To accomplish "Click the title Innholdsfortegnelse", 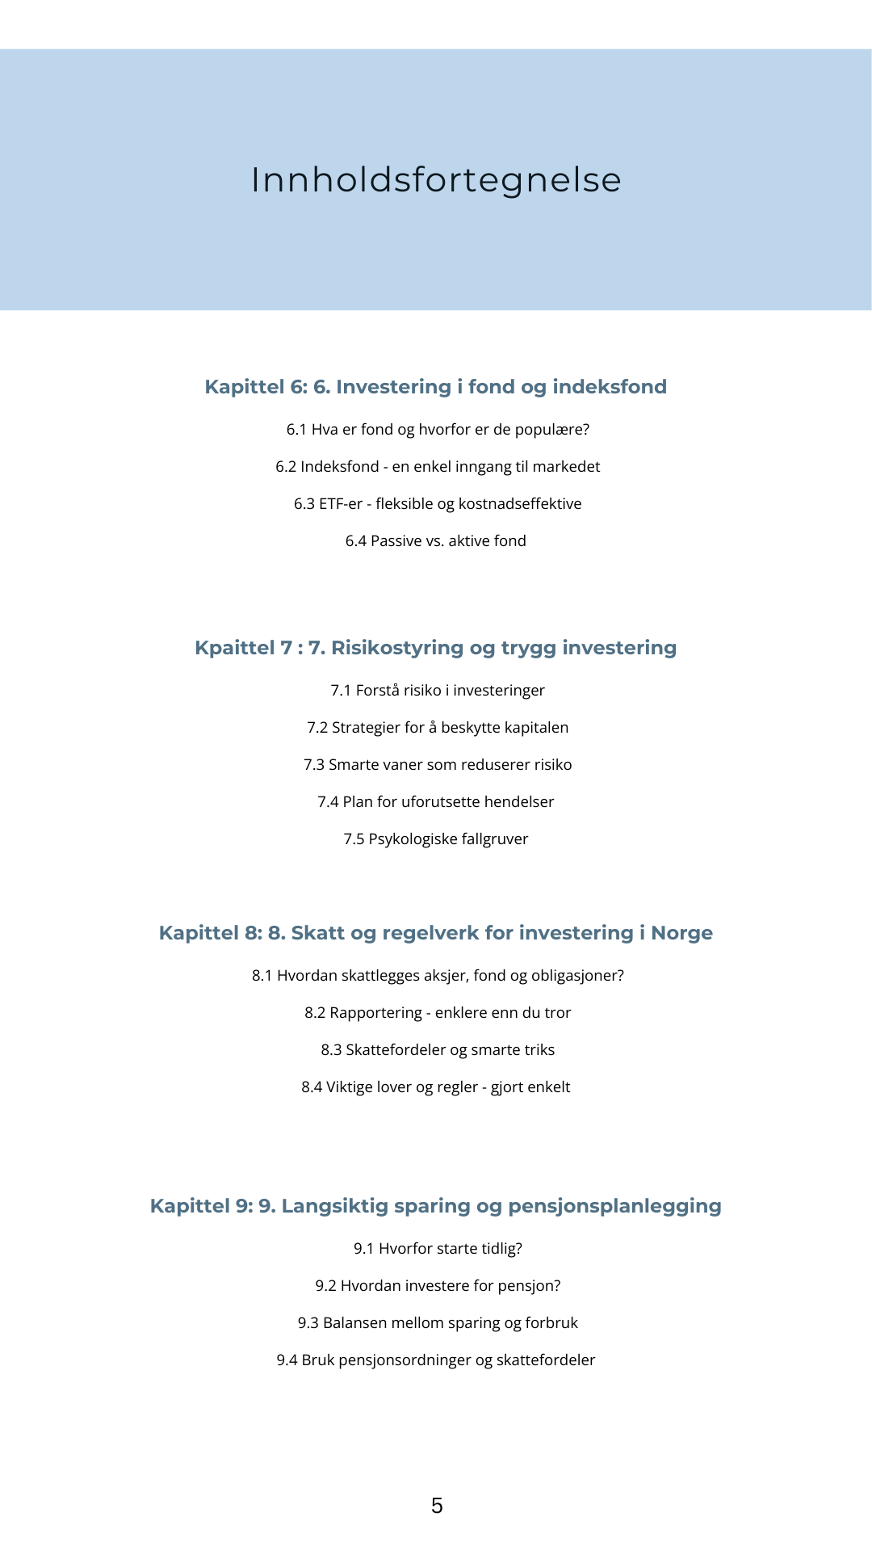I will (436, 179).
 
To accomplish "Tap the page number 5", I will (437, 1505).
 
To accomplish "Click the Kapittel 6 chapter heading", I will (436, 387).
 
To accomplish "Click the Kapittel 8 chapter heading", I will (436, 933).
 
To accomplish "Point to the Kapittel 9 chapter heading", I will (436, 1206).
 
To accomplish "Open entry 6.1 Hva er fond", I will (438, 430).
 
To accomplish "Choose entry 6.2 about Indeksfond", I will (438, 467).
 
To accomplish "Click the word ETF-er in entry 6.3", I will (341, 504).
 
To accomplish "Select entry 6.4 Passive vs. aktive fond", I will (436, 541).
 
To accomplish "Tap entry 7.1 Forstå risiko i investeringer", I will (438, 691).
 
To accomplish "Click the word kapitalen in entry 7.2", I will (537, 728).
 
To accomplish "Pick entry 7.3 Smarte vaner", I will (438, 765).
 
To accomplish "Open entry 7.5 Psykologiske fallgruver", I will (436, 839).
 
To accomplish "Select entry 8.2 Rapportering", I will (438, 1013).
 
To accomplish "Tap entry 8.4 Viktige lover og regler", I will (436, 1087).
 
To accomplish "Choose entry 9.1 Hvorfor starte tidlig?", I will (438, 1249).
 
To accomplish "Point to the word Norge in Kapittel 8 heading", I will (681, 933).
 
